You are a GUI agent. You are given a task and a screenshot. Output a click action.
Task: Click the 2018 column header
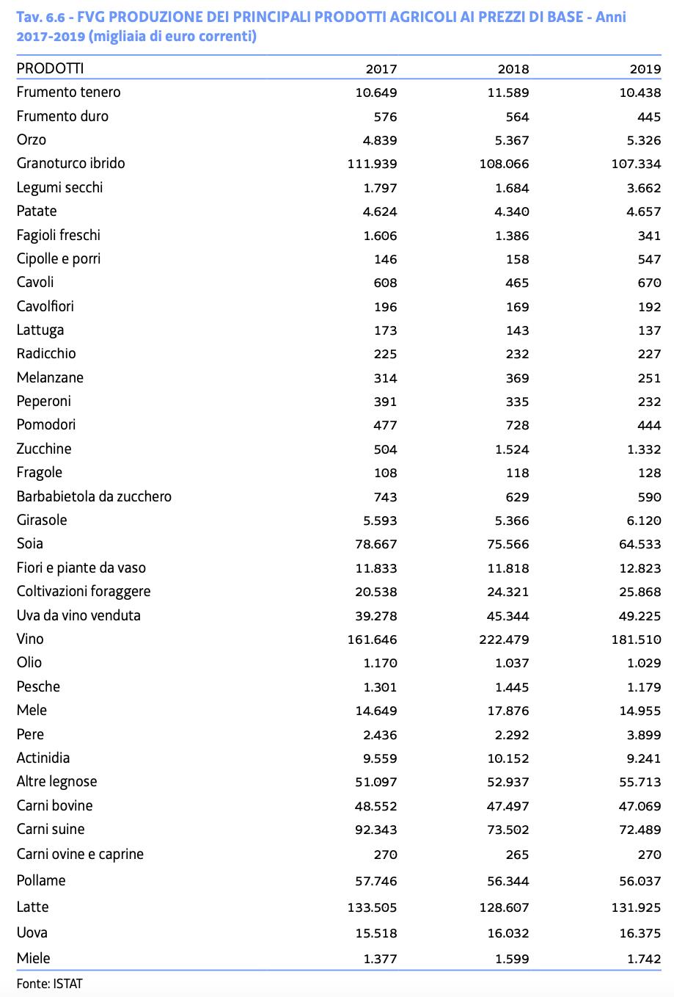[x=513, y=69]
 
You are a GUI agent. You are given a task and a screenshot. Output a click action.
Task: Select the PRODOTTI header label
[x=50, y=68]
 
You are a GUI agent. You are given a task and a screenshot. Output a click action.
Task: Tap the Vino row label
[x=30, y=639]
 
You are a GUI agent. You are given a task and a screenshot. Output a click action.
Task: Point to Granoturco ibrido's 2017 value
[x=372, y=164]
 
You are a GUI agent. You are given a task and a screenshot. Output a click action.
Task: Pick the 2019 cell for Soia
[x=636, y=544]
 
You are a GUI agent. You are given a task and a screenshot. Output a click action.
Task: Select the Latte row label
[x=32, y=907]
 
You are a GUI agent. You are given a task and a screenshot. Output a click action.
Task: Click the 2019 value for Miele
[x=645, y=959]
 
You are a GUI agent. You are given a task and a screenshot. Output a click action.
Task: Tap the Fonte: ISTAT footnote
[x=49, y=983]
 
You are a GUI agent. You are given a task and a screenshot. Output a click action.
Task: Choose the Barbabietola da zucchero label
[x=94, y=496]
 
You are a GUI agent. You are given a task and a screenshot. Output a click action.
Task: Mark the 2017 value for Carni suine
[x=376, y=830]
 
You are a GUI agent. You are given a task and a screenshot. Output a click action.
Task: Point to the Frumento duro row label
[x=62, y=116]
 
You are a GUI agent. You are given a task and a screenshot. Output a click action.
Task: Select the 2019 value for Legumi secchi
[x=645, y=188]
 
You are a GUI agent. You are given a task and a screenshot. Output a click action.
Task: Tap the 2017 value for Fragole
[x=385, y=473]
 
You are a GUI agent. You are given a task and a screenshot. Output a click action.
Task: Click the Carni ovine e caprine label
[x=80, y=854]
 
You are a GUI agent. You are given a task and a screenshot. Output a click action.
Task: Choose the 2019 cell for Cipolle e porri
[x=649, y=259]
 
